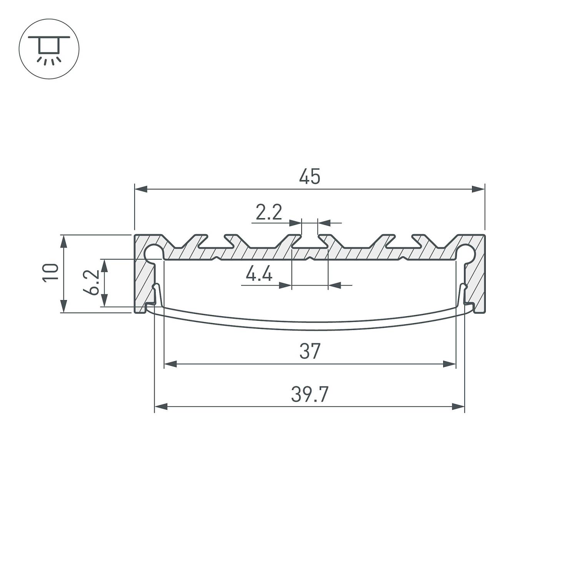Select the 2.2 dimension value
click(x=269, y=212)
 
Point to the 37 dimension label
click(x=310, y=352)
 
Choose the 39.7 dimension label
click(x=310, y=395)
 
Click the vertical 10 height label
click(x=51, y=273)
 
